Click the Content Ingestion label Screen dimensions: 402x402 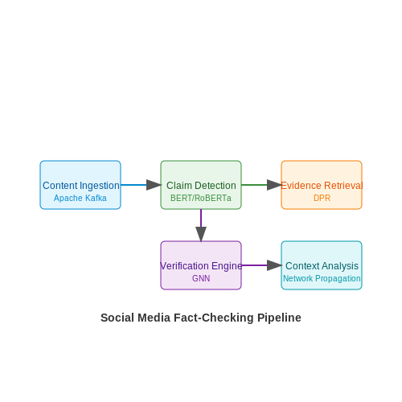tap(81, 186)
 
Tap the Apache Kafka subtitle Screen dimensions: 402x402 tap(80, 198)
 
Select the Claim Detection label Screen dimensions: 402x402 tap(201, 186)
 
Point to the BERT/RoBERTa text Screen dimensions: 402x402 tap(201, 198)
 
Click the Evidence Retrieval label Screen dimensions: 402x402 tap(322, 186)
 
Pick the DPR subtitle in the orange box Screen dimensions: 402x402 tap(322, 198)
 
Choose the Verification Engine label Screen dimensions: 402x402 tap(201, 266)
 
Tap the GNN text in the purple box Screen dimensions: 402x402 tap(201, 278)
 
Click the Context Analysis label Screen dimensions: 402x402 tap(322, 266)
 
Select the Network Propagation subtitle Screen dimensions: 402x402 tap(322, 278)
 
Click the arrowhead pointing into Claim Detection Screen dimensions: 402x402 tap(154, 185)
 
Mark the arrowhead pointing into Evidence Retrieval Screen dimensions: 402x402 tap(274, 185)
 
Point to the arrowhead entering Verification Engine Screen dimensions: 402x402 tap(201, 234)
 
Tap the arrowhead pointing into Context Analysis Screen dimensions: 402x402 tap(274, 265)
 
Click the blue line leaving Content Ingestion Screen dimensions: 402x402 tap(133, 185)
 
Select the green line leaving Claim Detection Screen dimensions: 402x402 tap(254, 185)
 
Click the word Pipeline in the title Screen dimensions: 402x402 tap(279, 318)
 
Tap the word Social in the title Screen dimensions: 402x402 tap(117, 318)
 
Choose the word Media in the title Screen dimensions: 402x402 tap(154, 318)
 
